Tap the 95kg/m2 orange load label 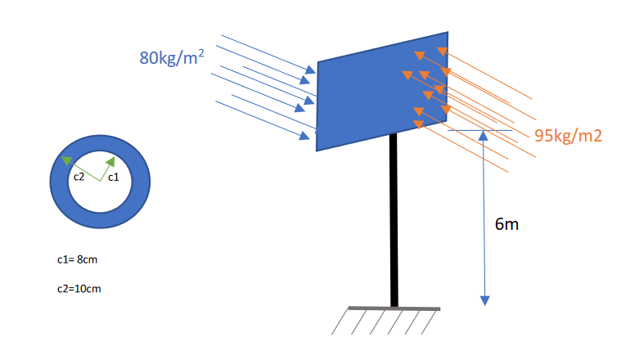[x=568, y=136]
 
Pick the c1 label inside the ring [x=114, y=176]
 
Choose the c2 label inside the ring [x=79, y=176]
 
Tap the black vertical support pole [x=394, y=221]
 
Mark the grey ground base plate [x=394, y=308]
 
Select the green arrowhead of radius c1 [x=110, y=162]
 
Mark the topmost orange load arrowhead [x=442, y=52]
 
